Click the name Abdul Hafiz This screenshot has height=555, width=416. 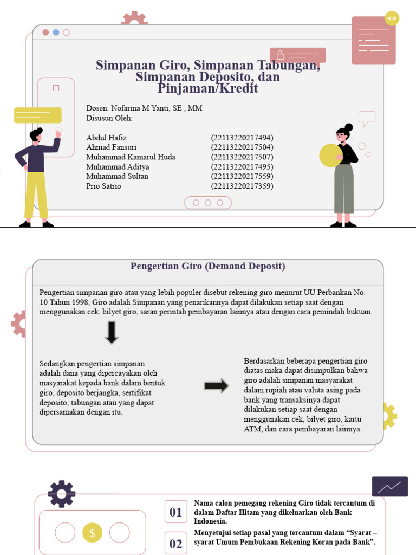click(x=106, y=138)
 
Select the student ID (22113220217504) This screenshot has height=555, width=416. click(x=242, y=147)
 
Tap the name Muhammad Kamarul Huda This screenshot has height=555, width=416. click(x=131, y=157)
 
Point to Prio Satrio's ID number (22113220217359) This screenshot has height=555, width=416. click(x=242, y=186)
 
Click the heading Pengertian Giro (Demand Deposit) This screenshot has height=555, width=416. click(x=207, y=267)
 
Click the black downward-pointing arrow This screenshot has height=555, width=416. click(x=112, y=332)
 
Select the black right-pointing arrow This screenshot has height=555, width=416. click(x=216, y=386)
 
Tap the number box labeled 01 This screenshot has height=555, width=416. click(x=175, y=512)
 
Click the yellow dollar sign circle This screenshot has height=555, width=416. click(x=92, y=533)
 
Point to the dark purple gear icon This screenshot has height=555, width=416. click(x=61, y=494)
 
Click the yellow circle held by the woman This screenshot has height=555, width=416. click(x=330, y=156)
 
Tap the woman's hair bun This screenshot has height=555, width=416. click(x=348, y=127)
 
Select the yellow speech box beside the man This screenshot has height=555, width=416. click(x=37, y=115)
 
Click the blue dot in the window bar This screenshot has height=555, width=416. click(x=56, y=33)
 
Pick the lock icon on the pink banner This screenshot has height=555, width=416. click(x=280, y=55)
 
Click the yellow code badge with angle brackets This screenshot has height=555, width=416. click(x=392, y=18)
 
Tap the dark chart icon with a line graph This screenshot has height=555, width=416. click(x=389, y=487)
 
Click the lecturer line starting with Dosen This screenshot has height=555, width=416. click(x=144, y=108)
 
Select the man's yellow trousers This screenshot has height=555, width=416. click(x=36, y=195)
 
